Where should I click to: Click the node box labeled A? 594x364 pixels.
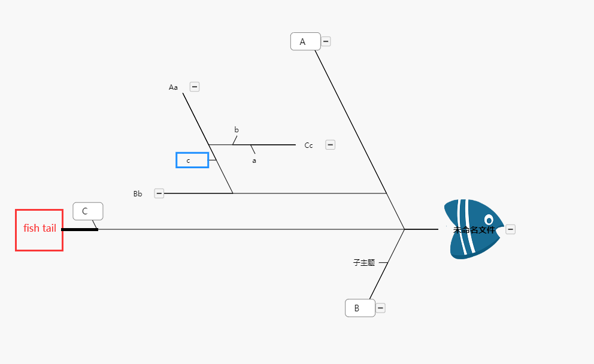(x=305, y=41)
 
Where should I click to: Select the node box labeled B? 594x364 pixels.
(x=360, y=308)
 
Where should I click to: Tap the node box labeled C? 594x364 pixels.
(x=88, y=211)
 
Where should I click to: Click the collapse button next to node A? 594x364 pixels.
(x=326, y=41)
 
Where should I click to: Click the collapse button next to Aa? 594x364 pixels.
(x=195, y=87)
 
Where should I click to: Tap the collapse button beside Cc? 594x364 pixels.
(x=331, y=145)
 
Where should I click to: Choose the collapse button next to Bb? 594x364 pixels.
(x=159, y=193)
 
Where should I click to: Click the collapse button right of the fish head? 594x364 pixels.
(x=510, y=229)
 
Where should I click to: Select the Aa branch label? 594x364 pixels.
(x=173, y=87)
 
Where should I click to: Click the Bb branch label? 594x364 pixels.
(x=138, y=194)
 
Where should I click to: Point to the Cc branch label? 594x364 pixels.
(x=309, y=145)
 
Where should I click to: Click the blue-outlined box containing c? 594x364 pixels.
(x=192, y=160)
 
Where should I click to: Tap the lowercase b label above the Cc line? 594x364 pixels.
(x=237, y=130)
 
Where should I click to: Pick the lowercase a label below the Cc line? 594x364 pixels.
(x=254, y=160)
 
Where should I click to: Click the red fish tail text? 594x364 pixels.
(x=40, y=228)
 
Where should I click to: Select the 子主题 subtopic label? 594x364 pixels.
(x=364, y=262)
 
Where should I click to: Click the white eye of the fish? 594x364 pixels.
(x=489, y=220)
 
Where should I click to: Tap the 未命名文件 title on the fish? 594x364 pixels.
(x=474, y=230)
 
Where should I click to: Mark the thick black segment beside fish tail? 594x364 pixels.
(x=80, y=229)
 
